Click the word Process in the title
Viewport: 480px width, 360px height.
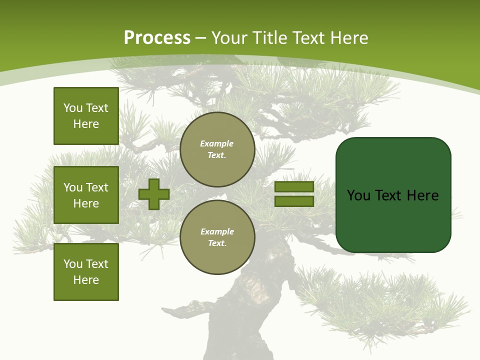click(157, 38)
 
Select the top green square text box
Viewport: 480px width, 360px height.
click(86, 116)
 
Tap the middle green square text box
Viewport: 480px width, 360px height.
click(86, 195)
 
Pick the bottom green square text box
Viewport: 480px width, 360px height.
click(86, 271)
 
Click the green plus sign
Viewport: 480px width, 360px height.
click(154, 194)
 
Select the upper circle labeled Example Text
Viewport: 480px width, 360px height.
click(217, 149)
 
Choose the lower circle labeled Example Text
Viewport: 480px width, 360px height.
click(217, 237)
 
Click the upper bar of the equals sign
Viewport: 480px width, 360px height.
click(294, 186)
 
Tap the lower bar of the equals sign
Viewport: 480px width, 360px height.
click(294, 201)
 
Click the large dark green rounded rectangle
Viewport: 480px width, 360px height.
click(393, 220)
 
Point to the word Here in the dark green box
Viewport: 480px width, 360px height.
click(422, 195)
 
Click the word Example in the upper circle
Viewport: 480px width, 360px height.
click(216, 143)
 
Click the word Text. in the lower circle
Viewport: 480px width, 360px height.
click(217, 243)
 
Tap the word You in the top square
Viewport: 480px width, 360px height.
click(73, 108)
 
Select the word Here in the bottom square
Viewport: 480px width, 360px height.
click(86, 280)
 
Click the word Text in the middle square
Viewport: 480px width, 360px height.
click(97, 187)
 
